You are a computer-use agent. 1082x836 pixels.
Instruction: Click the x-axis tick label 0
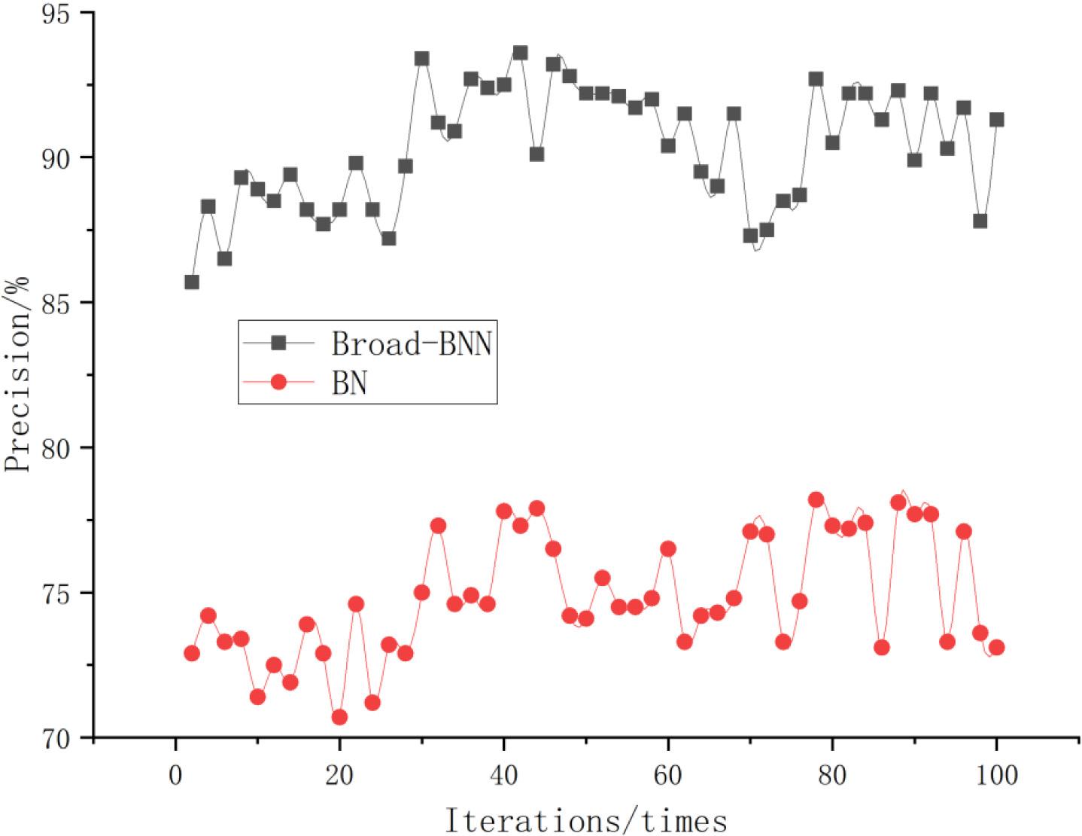click(x=175, y=774)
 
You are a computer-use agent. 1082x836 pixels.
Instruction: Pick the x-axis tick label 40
click(x=503, y=774)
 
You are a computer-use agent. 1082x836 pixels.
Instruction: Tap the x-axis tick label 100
click(x=996, y=774)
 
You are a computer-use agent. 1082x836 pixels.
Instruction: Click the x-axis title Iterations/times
click(x=586, y=819)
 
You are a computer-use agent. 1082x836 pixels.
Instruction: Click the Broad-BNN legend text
click(x=412, y=343)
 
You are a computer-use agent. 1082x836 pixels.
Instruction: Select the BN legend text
click(x=349, y=383)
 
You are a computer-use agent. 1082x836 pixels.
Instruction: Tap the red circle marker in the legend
click(x=278, y=383)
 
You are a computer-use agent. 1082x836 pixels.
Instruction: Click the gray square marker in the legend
click(x=278, y=343)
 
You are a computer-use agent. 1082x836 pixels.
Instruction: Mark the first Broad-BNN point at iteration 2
click(x=192, y=282)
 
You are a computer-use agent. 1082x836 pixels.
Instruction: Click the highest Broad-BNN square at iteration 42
click(x=520, y=53)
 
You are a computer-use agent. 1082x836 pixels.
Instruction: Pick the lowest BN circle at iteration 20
click(x=339, y=717)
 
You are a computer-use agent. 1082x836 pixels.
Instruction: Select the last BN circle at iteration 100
click(x=996, y=647)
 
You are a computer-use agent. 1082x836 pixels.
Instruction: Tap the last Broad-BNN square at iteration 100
click(x=996, y=120)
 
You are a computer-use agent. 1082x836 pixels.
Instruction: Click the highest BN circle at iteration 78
click(x=816, y=499)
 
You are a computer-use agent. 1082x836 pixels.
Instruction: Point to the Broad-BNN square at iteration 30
click(x=421, y=59)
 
